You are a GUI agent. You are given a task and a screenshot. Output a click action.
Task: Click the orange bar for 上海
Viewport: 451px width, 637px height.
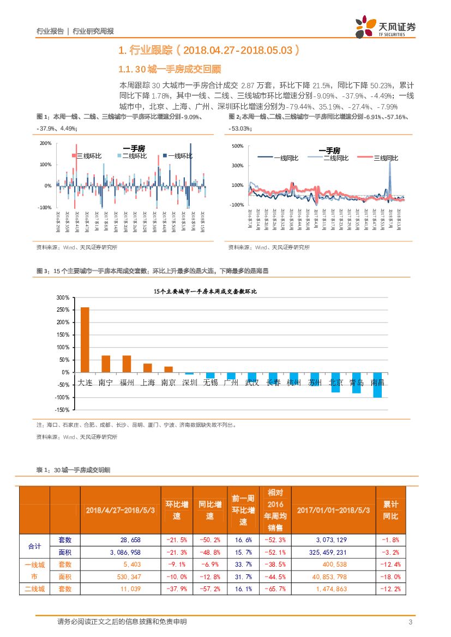coord(147,368)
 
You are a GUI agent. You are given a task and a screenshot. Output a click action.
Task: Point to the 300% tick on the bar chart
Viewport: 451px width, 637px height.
coord(62,298)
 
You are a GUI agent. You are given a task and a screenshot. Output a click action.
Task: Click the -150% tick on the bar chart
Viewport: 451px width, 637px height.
coord(61,410)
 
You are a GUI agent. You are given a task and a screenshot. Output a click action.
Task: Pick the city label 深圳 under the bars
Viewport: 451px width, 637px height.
coord(189,383)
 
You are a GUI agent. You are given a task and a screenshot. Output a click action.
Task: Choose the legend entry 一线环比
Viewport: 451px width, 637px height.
coord(179,156)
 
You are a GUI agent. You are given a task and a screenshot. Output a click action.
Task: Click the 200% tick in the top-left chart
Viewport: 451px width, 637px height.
coord(46,143)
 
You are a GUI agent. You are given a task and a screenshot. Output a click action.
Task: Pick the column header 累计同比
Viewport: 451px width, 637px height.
coord(390,510)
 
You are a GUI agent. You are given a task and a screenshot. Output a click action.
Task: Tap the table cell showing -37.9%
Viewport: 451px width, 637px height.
coord(176,589)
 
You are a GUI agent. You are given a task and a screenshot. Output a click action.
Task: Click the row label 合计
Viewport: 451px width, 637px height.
coord(34,546)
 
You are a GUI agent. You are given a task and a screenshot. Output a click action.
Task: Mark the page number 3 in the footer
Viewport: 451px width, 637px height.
coord(410,622)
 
